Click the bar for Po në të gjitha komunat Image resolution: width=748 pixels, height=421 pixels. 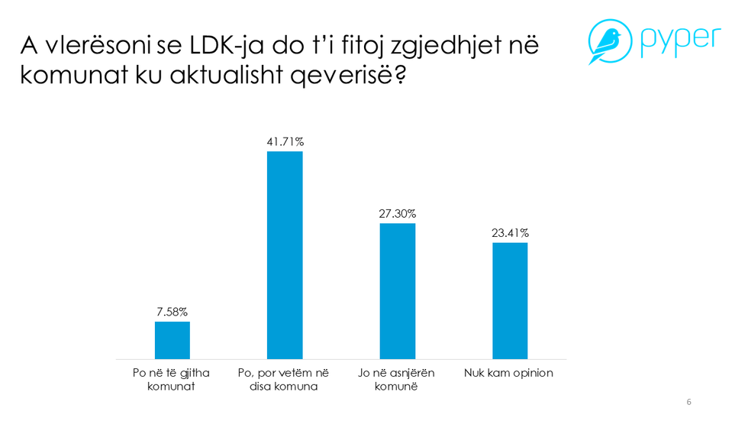click(172, 340)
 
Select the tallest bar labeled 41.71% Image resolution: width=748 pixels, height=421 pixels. click(284, 255)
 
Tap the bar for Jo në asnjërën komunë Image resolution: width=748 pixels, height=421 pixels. click(397, 291)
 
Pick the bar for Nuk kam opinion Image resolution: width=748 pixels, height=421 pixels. click(509, 300)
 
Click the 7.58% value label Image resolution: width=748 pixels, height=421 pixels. click(172, 311)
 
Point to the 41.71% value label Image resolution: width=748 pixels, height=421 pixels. click(284, 141)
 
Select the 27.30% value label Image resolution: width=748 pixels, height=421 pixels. click(397, 213)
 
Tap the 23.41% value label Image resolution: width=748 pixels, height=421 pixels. click(509, 233)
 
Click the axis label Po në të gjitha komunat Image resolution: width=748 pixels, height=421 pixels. click(172, 380)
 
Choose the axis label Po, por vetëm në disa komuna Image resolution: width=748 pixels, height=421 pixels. click(284, 380)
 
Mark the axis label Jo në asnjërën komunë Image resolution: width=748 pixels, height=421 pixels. click(397, 380)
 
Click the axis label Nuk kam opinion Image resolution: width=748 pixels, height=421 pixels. click(509, 373)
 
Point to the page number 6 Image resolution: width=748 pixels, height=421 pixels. click(689, 403)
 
